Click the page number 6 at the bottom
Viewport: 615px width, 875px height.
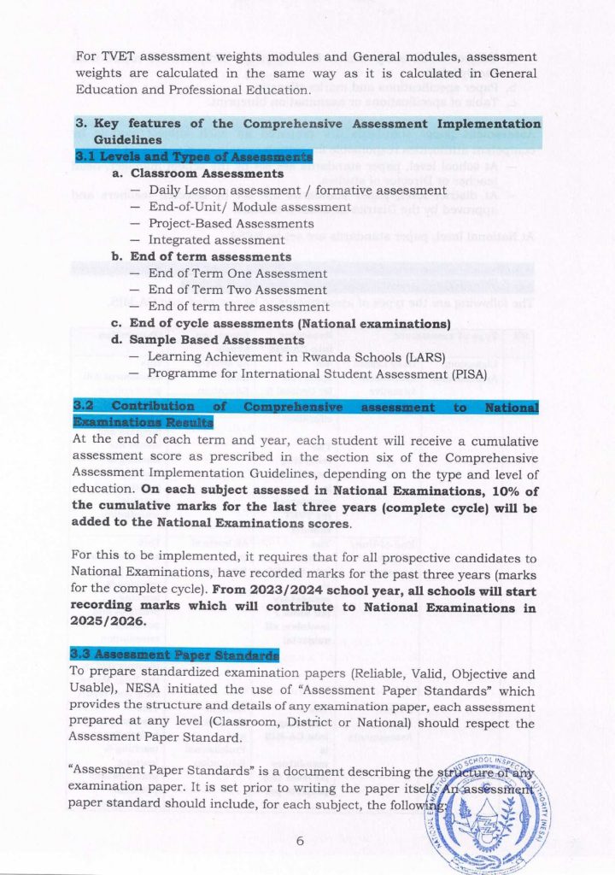click(300, 841)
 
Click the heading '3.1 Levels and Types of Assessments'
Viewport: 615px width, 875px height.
click(193, 157)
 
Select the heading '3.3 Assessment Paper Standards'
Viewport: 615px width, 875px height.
click(176, 655)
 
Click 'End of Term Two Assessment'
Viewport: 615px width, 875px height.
click(237, 290)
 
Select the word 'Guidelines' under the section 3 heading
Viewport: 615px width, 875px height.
click(128, 139)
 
